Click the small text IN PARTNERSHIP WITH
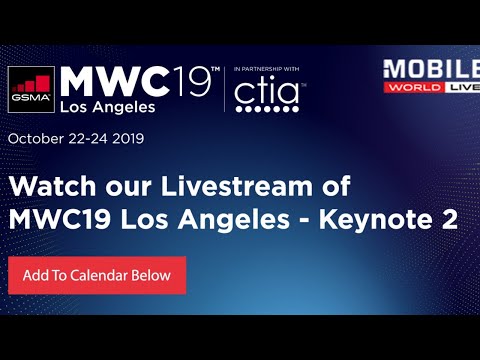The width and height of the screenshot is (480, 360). [x=267, y=68]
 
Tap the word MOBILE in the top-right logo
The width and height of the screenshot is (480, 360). [x=430, y=70]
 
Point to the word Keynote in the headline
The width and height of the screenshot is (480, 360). [x=376, y=221]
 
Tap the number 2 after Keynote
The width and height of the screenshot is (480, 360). [x=449, y=221]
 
